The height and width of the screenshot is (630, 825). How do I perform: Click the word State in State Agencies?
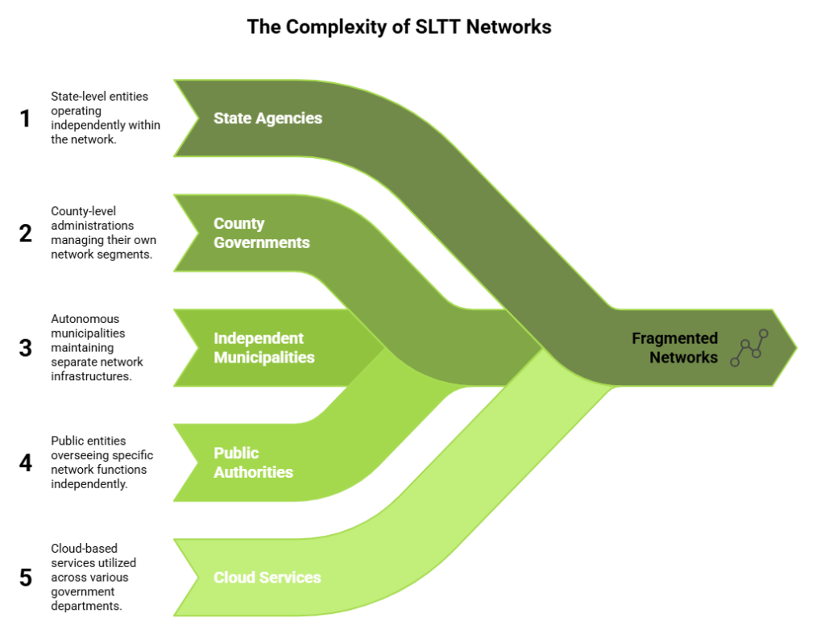(x=232, y=118)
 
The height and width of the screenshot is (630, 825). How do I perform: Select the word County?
(x=238, y=224)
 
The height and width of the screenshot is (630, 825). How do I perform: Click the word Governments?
(x=261, y=242)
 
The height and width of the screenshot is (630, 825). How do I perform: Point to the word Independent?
(x=259, y=338)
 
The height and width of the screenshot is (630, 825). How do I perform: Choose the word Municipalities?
(x=264, y=357)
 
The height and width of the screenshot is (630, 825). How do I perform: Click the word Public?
(x=236, y=453)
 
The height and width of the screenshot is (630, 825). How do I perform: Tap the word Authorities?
(x=253, y=472)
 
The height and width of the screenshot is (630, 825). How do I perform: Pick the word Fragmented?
(x=674, y=338)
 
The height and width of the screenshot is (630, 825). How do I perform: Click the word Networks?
(x=683, y=357)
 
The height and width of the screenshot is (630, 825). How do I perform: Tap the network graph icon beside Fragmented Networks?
(x=749, y=348)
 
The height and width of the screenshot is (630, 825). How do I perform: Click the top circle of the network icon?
(x=764, y=334)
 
